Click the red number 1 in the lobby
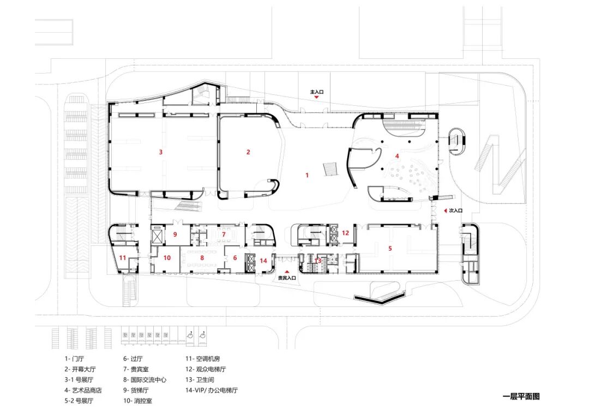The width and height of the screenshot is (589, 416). [x=307, y=175]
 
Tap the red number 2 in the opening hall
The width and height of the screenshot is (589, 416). [x=248, y=152]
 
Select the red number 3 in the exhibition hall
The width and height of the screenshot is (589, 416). [x=160, y=152]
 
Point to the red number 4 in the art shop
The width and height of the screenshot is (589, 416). [x=397, y=156]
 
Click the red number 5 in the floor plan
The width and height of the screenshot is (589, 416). [x=390, y=248]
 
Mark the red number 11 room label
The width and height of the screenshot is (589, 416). [x=123, y=257]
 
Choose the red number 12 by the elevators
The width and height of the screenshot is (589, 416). [x=345, y=233]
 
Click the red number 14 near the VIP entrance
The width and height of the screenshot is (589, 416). [x=263, y=261]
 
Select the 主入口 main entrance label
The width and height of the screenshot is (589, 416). [x=317, y=92]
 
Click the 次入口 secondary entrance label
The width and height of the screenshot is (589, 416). [x=455, y=210]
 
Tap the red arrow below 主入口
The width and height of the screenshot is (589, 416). [x=317, y=98]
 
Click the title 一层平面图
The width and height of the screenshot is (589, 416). [x=521, y=397]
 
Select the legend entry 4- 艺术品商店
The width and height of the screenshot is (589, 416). [x=83, y=390]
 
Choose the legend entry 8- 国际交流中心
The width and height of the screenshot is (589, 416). [x=145, y=380]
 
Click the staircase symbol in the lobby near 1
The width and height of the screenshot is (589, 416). [x=330, y=168]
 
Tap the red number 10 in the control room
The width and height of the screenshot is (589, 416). [x=167, y=257]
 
